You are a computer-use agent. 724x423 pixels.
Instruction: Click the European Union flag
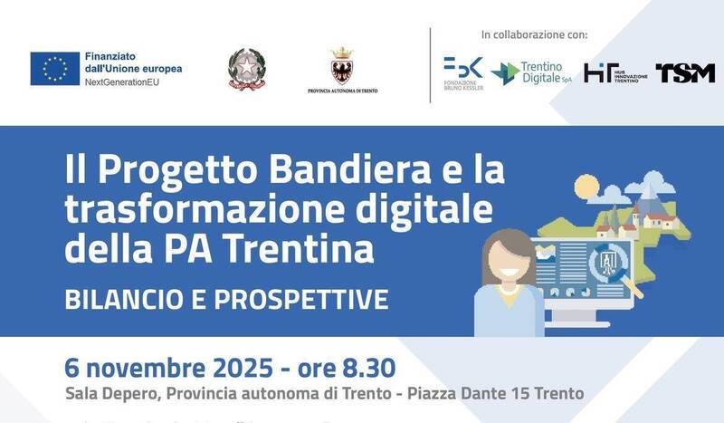pyautogui.click(x=55, y=69)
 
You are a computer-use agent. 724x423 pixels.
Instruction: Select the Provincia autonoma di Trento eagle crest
pyautogui.click(x=342, y=66)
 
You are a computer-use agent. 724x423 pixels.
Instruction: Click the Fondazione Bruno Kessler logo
pyautogui.click(x=462, y=72)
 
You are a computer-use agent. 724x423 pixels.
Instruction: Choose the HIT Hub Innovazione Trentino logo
pyautogui.click(x=614, y=73)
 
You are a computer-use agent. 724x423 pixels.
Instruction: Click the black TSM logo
pyautogui.click(x=685, y=73)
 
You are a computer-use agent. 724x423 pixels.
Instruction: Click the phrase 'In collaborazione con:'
pyautogui.click(x=534, y=35)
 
